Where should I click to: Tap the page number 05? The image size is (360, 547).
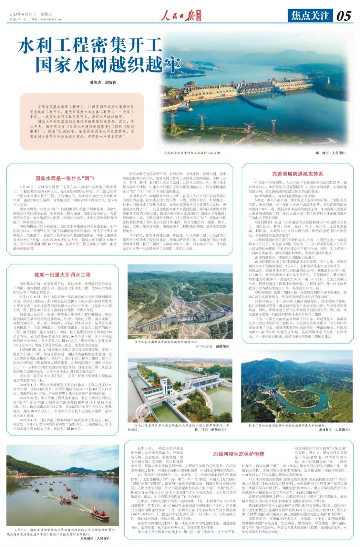[344, 16]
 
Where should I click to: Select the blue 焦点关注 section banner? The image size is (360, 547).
[310, 15]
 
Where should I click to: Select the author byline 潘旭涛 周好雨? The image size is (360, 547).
[103, 82]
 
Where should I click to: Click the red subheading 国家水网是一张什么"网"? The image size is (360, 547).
[65, 178]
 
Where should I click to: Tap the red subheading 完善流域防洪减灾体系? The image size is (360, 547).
[297, 174]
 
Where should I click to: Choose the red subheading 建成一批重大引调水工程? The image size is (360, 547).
[62, 275]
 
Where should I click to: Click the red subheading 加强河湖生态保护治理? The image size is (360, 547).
[238, 454]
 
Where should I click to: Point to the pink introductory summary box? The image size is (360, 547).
[77, 121]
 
